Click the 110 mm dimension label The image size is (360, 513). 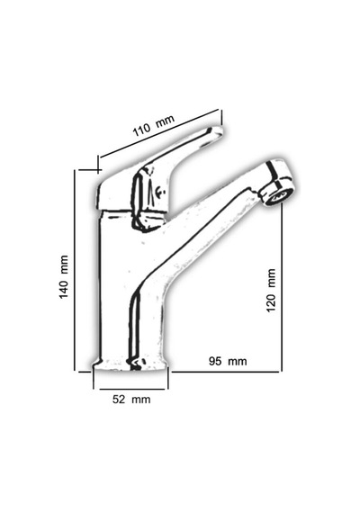(x=154, y=125)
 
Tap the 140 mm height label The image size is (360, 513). (x=64, y=277)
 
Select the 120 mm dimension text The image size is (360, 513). (x=271, y=291)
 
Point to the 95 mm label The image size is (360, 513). (x=228, y=361)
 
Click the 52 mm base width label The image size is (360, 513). (x=131, y=399)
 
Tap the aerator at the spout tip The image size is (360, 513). (x=278, y=192)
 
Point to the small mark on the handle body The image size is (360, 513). (x=160, y=192)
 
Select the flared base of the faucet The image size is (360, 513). (x=130, y=364)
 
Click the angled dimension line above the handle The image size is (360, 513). (x=159, y=134)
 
